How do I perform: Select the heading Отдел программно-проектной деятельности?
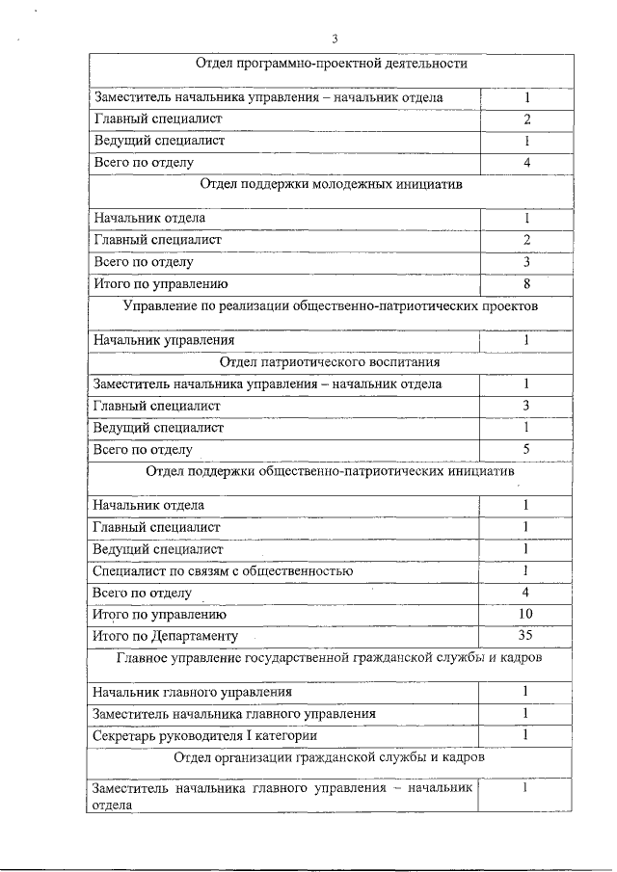click(x=331, y=64)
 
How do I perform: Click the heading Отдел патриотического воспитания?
click(x=331, y=362)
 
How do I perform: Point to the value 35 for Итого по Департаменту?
click(x=525, y=635)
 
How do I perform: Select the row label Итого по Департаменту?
click(x=164, y=636)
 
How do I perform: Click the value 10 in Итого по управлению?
click(x=525, y=614)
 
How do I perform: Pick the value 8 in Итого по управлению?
click(x=526, y=283)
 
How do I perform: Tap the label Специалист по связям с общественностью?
click(x=222, y=571)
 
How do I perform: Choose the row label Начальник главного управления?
click(x=192, y=692)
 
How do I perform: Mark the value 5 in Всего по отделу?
click(x=526, y=448)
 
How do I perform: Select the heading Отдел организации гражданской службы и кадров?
click(x=331, y=757)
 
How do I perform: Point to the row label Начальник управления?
click(x=163, y=340)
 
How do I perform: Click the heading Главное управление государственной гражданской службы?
click(x=331, y=658)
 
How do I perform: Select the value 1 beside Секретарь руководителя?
click(x=525, y=734)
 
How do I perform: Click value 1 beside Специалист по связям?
click(x=525, y=570)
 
